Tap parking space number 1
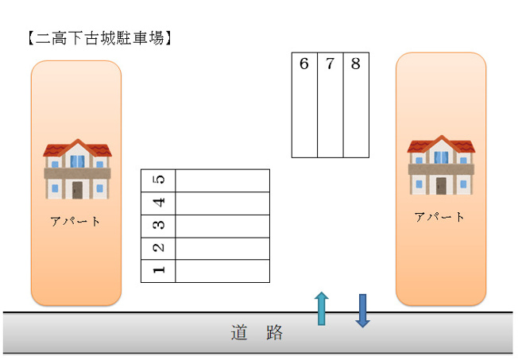coord(205,271)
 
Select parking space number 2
coord(205,249)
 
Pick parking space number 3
coord(205,226)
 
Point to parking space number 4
coord(205,203)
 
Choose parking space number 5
coord(205,180)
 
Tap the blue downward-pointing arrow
coord(362,310)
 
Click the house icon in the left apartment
coord(77,169)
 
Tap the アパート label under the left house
coord(76,221)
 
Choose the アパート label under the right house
coord(439,216)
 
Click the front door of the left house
coord(77,190)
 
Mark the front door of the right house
coord(441,186)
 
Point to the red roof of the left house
coord(77,149)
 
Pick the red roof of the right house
coord(441,145)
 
